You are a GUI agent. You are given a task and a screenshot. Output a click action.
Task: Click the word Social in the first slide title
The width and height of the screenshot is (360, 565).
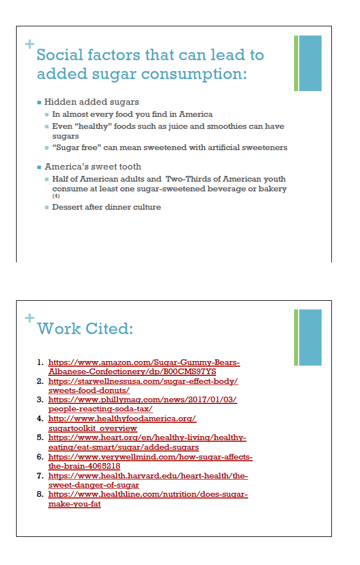(61, 55)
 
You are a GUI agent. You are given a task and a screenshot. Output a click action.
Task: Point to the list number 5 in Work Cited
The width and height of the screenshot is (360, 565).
(40, 437)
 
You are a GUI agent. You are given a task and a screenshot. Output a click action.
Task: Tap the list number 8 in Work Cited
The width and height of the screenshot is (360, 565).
(40, 493)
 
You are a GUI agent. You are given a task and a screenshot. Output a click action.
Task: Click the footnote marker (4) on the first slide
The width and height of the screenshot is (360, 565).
(56, 196)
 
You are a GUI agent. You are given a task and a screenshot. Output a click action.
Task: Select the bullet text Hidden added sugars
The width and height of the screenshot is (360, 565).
(92, 102)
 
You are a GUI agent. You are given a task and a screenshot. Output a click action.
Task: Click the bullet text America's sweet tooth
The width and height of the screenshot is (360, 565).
(93, 167)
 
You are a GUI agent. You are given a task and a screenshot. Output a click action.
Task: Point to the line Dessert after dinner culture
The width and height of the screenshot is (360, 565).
(107, 207)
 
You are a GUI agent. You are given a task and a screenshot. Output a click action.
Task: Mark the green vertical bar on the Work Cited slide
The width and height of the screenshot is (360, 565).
(296, 338)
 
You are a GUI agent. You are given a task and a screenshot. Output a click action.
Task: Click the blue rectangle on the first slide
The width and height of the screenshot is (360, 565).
(310, 63)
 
